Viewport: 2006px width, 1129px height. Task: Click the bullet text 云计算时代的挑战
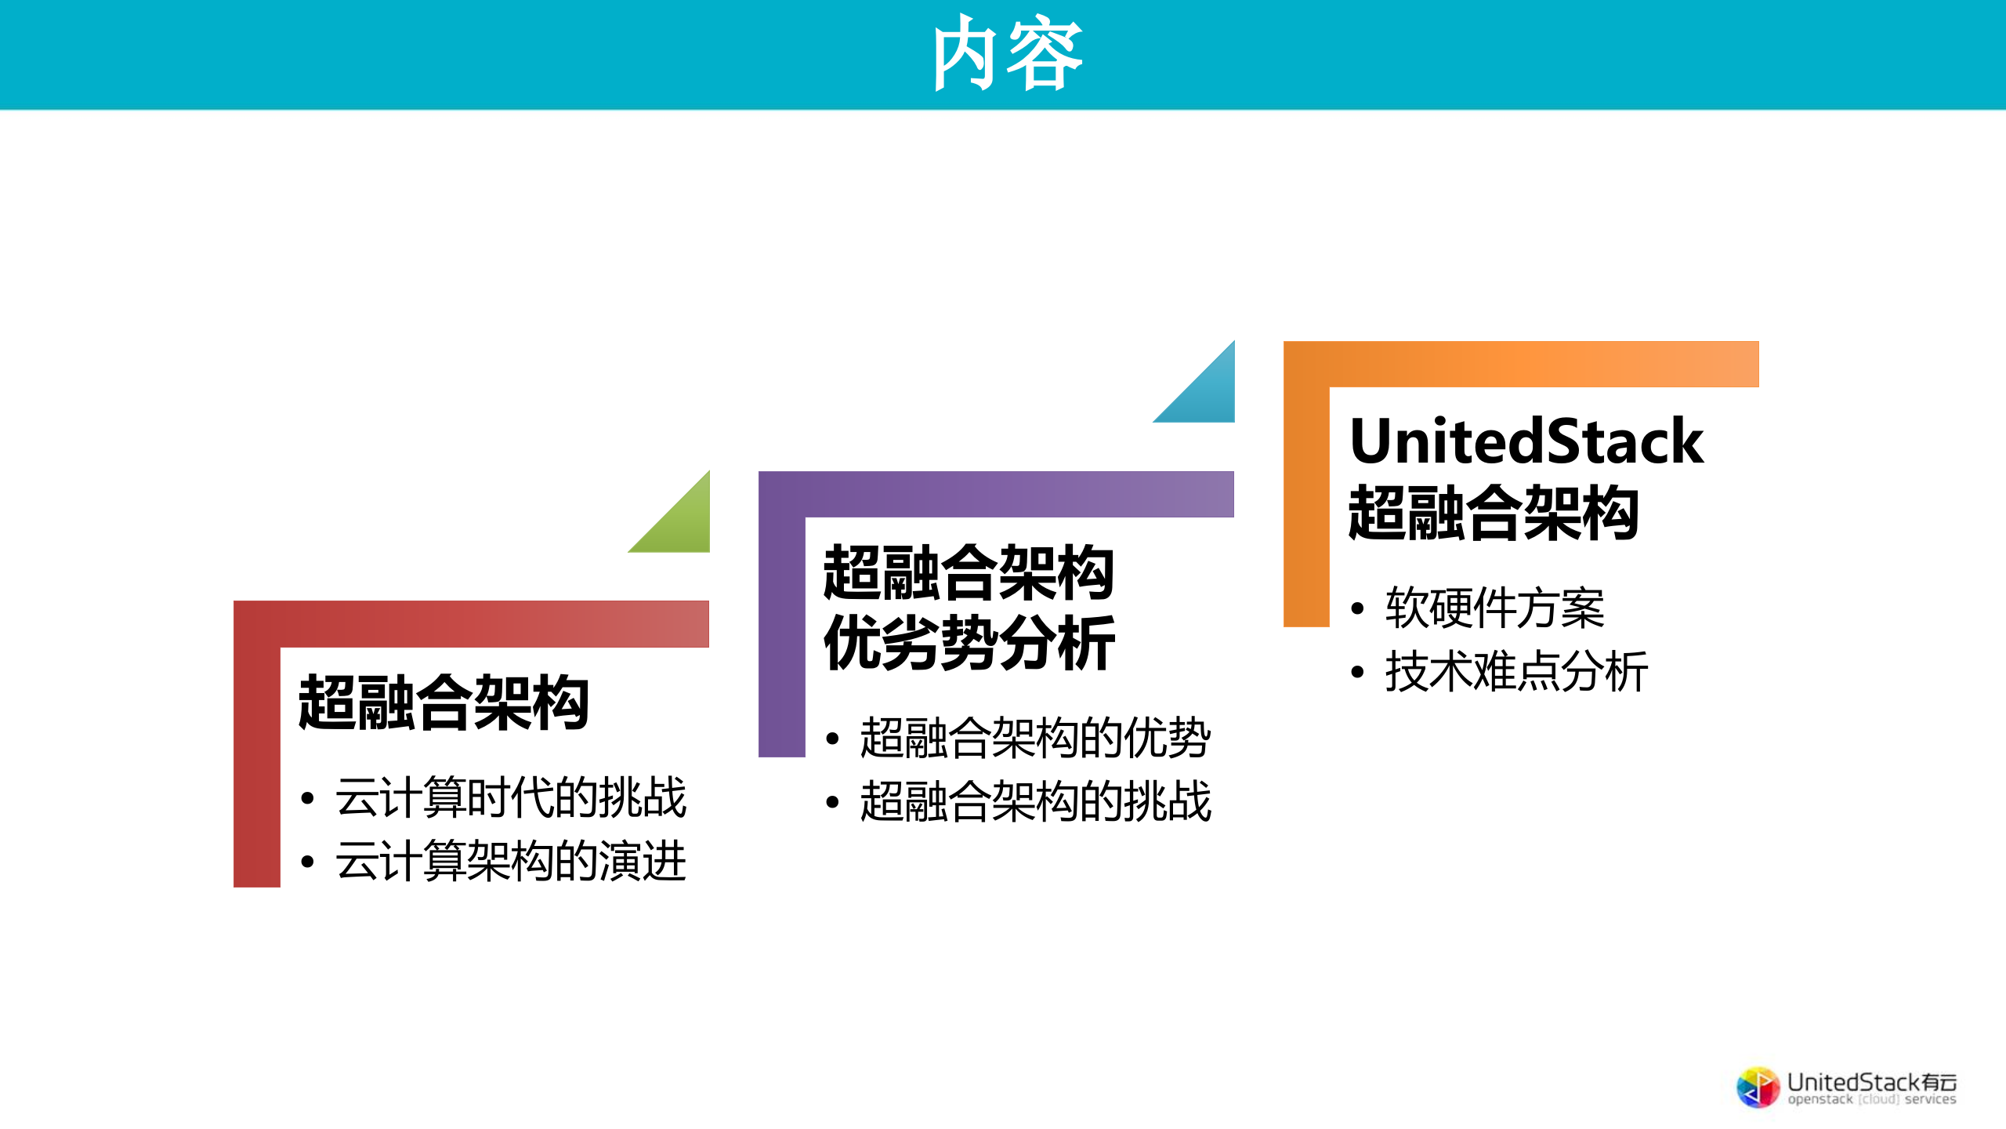click(511, 798)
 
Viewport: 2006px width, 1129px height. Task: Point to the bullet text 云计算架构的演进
click(511, 861)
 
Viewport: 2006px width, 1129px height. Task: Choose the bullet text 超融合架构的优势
click(1035, 739)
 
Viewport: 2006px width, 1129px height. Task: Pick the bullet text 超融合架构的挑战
click(1035, 802)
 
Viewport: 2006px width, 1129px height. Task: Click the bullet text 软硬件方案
click(1494, 608)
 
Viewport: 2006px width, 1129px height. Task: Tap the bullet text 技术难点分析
click(1516, 672)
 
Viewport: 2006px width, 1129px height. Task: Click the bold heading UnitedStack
click(1526, 442)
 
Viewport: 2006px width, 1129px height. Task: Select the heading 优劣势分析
click(969, 643)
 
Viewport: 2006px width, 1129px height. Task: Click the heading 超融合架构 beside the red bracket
click(444, 703)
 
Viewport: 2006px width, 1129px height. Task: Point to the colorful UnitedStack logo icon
click(1758, 1087)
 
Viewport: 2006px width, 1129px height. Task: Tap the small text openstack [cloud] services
click(1871, 1100)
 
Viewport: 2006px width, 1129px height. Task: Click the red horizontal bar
click(494, 624)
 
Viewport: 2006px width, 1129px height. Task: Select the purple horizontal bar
click(1019, 494)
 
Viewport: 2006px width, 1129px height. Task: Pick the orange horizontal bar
click(1544, 364)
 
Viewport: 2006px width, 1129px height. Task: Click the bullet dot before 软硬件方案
click(1358, 609)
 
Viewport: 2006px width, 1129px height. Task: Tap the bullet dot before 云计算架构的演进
click(307, 862)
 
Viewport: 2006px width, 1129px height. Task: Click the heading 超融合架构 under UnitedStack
click(1494, 514)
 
